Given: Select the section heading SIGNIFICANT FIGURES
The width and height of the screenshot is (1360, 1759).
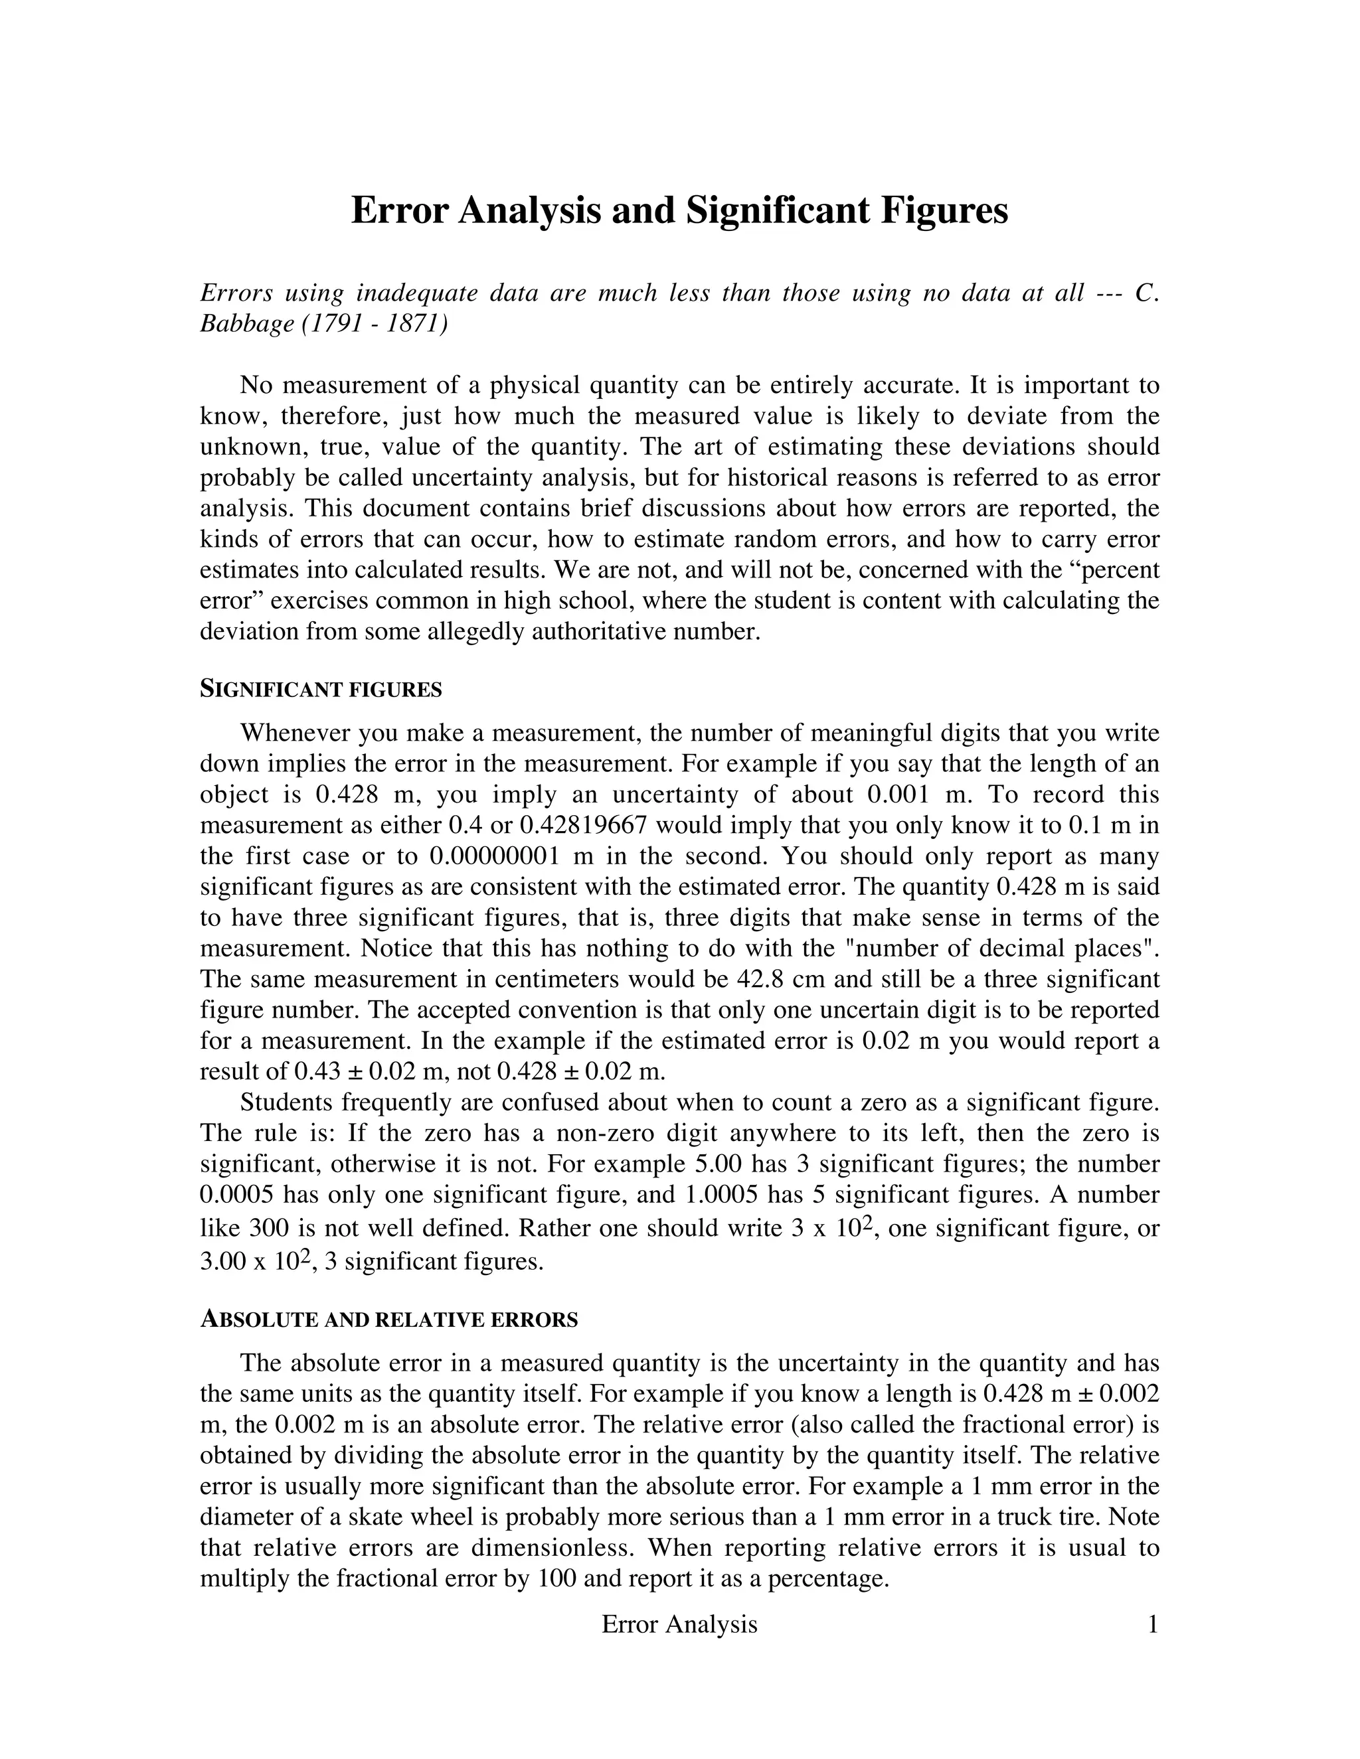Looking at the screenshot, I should (321, 690).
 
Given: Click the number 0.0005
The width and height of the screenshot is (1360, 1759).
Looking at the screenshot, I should (238, 1194).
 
